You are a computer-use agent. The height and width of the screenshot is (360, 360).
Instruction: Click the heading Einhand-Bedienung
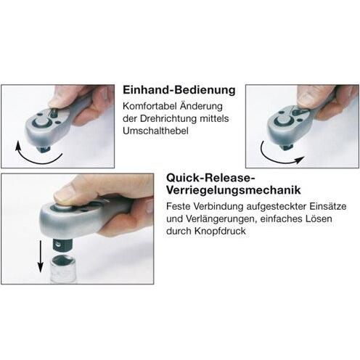pos(179,90)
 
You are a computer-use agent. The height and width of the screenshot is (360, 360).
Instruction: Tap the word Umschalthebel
pos(155,131)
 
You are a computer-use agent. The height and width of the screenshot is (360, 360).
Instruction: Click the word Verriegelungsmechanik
pos(234,190)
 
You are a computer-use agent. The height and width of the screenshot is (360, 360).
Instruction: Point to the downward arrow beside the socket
pos(41,256)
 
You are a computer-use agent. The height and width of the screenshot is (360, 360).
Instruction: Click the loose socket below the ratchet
pos(63,269)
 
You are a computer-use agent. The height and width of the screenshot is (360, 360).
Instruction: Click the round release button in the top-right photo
pos(284,120)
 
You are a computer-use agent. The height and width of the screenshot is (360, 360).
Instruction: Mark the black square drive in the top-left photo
pos(44,149)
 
